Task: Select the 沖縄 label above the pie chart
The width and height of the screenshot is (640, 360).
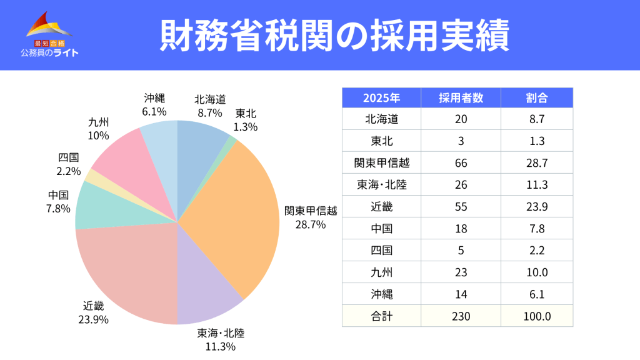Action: (x=154, y=97)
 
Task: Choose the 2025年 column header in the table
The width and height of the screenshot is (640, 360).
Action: (x=381, y=97)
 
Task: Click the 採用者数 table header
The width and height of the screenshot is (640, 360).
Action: (x=461, y=97)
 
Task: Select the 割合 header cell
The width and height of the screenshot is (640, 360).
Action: (x=537, y=97)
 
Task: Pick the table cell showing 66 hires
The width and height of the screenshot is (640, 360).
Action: (x=461, y=162)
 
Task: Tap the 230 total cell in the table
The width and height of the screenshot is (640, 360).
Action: (x=461, y=316)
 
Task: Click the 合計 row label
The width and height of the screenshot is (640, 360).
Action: (x=381, y=316)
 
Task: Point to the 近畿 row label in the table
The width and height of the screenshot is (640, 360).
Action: (x=381, y=206)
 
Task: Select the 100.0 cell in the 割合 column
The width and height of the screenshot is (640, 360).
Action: (x=537, y=316)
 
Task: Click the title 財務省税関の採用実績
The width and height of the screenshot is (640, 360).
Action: (x=334, y=35)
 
